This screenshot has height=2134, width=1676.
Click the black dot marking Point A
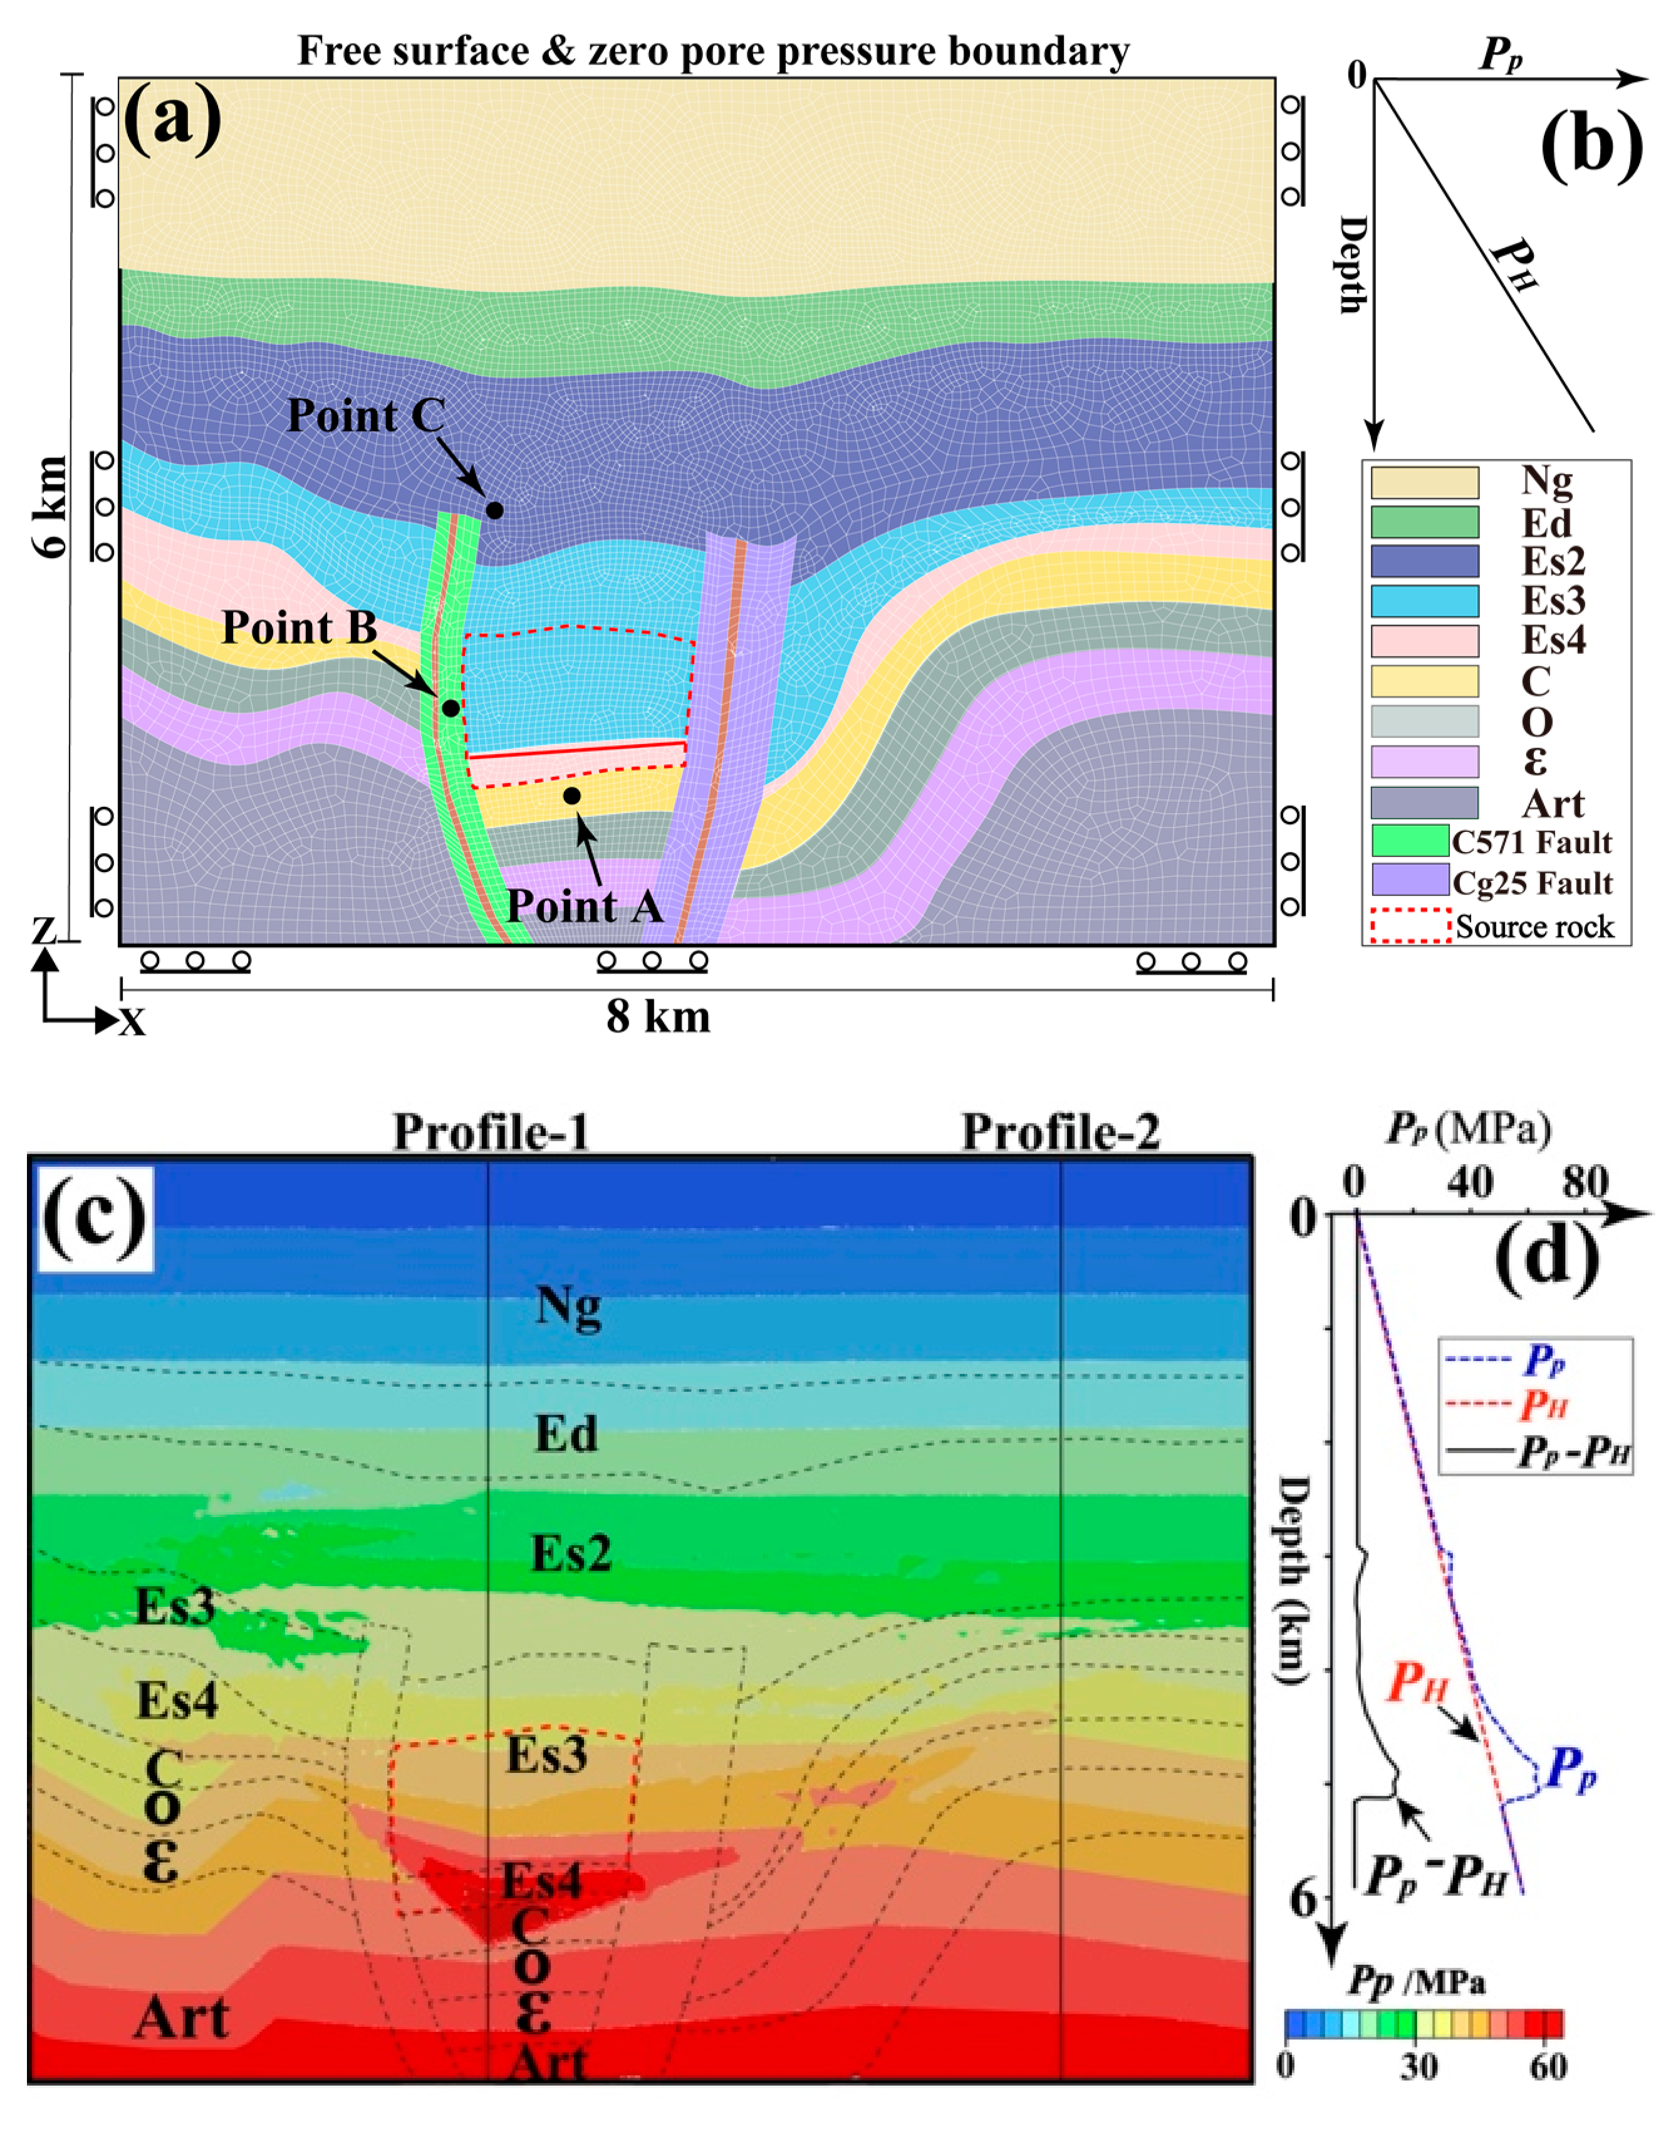[571, 796]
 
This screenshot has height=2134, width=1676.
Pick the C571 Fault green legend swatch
[1410, 841]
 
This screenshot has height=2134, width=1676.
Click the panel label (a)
[173, 118]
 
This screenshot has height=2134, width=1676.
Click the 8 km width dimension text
[657, 1017]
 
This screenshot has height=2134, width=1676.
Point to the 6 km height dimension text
[51, 507]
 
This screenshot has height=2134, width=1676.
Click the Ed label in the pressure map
[566, 1435]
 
